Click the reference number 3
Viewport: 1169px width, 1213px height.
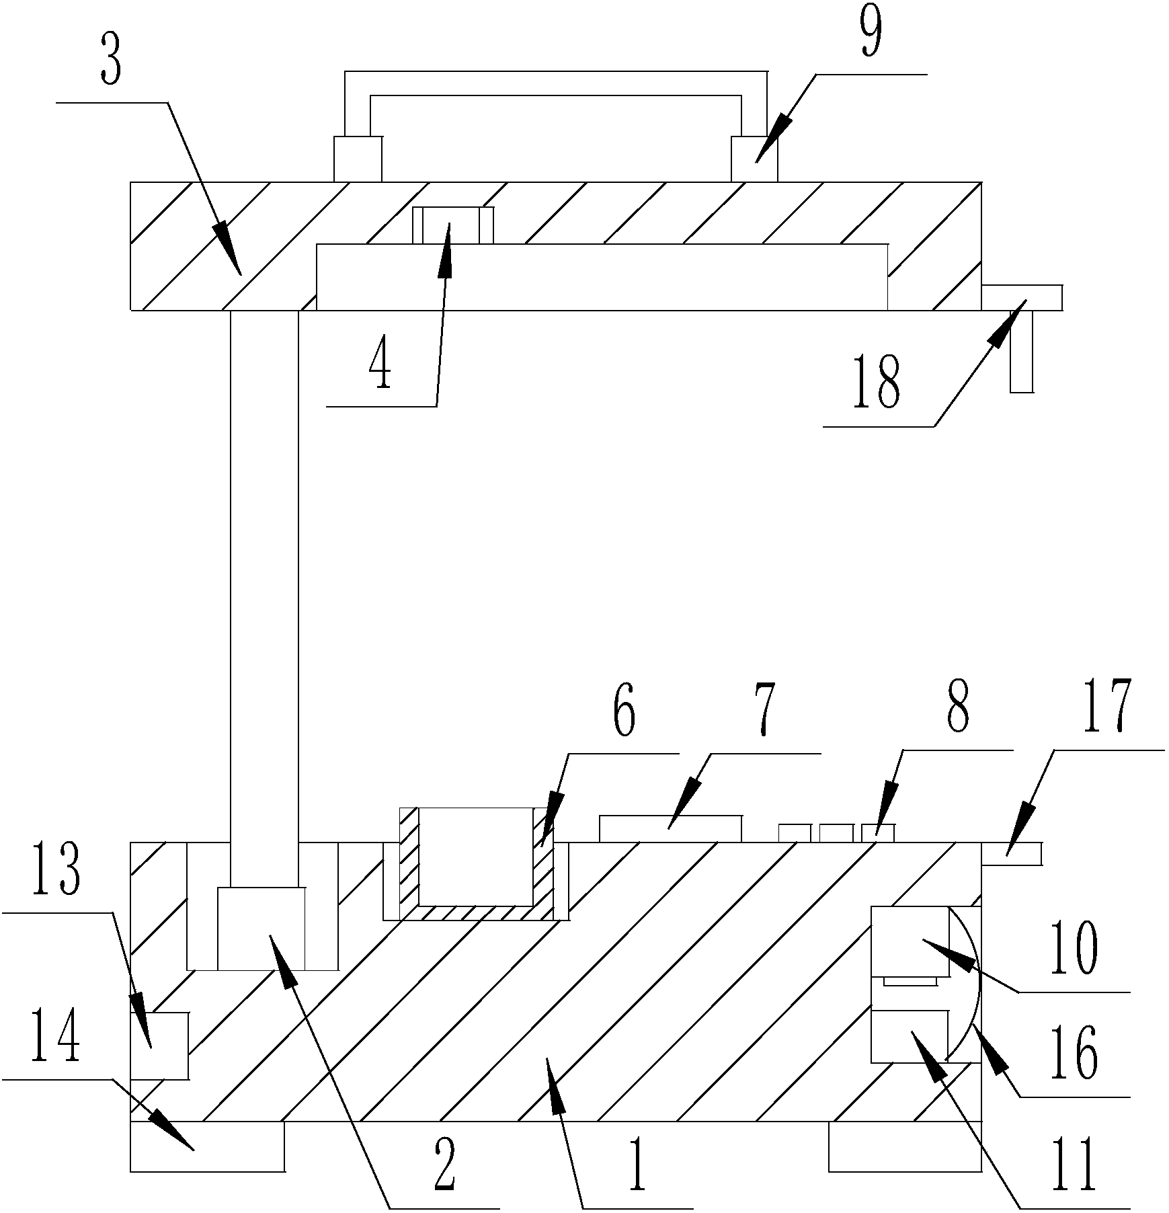(x=112, y=63)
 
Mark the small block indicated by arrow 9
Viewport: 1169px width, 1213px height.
(x=754, y=159)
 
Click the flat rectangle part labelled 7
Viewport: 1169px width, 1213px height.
(x=670, y=829)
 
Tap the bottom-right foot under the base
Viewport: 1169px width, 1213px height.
(x=905, y=1147)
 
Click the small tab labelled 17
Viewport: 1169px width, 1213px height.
(x=1012, y=853)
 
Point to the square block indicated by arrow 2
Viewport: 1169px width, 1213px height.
(x=261, y=929)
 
